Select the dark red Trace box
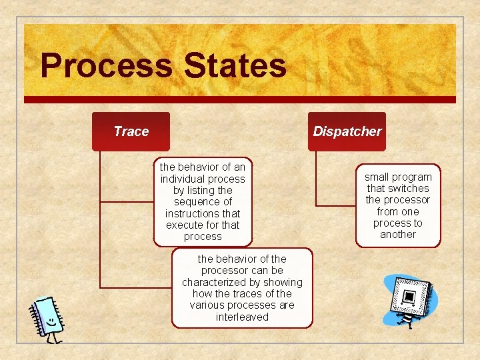131,131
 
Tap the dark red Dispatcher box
347,131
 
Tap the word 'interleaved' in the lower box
242,317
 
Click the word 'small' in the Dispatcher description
377,177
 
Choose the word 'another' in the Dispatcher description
398,235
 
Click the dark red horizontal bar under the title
240,99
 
